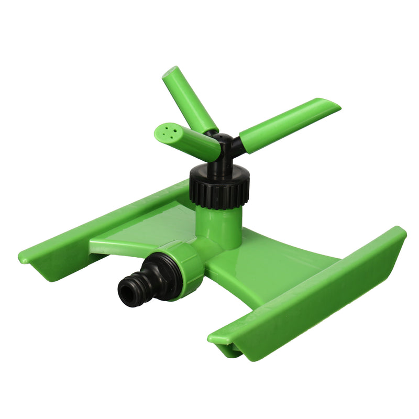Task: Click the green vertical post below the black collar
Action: point(219,223)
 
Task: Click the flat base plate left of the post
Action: point(141,230)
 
